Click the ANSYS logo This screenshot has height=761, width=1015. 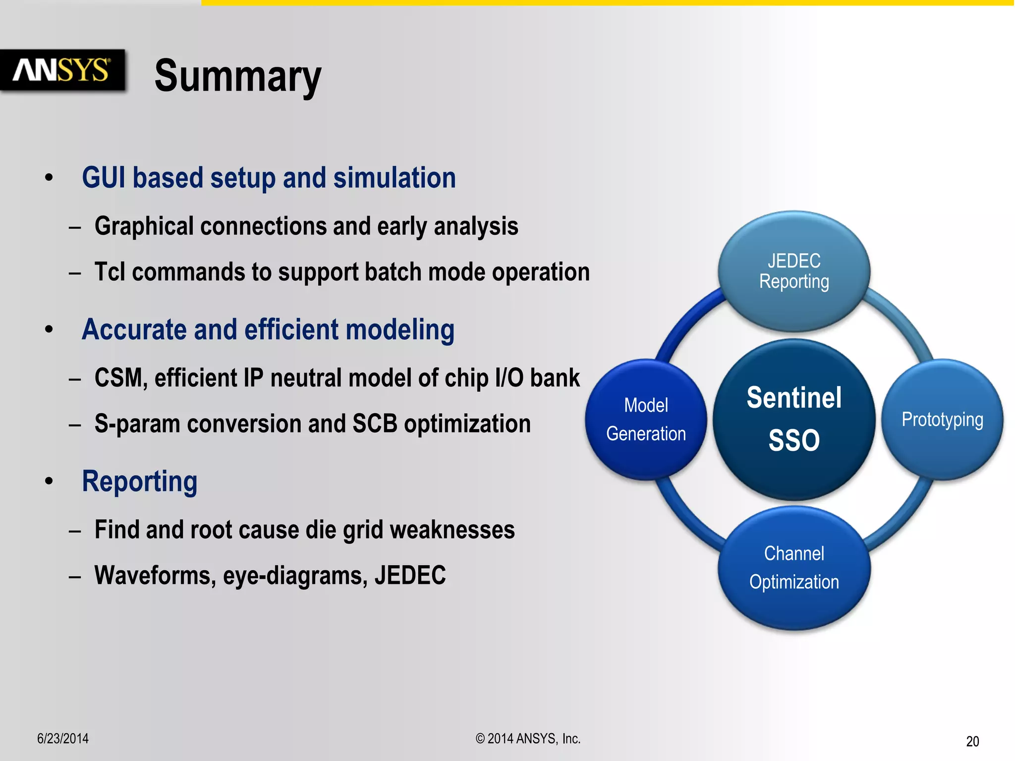click(x=62, y=70)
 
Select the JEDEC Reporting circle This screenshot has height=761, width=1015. click(x=794, y=271)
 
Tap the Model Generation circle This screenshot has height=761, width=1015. click(x=646, y=419)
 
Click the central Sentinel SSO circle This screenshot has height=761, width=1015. click(x=794, y=419)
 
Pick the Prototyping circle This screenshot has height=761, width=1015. click(x=942, y=419)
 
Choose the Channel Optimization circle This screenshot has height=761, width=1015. click(x=794, y=568)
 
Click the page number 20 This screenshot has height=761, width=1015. click(x=972, y=741)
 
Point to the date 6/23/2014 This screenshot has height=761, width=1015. click(x=63, y=739)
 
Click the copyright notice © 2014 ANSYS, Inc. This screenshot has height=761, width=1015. click(x=528, y=739)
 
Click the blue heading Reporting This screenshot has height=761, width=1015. click(x=140, y=482)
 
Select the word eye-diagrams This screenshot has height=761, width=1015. click(x=295, y=576)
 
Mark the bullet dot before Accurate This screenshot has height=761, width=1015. click(x=49, y=329)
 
